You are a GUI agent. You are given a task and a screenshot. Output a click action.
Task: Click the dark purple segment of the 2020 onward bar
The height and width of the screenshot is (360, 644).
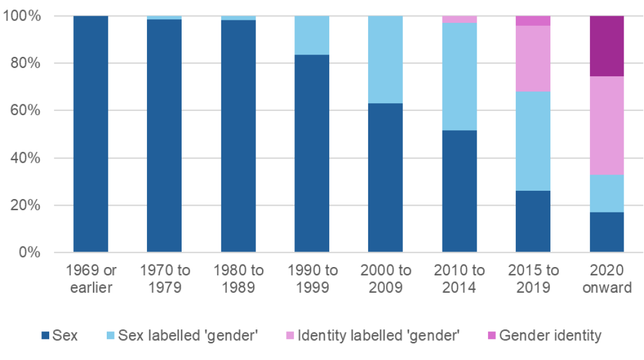coord(607,46)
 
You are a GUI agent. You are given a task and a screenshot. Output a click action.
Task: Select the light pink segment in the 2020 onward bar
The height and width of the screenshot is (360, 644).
coord(607,126)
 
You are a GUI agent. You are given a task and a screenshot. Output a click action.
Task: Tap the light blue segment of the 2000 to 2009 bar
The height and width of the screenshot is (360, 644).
coord(385,60)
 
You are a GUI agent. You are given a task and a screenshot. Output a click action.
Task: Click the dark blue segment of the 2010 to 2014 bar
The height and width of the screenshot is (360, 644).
coord(459,191)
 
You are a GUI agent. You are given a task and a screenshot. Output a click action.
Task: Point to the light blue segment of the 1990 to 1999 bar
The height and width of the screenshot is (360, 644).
coord(311,35)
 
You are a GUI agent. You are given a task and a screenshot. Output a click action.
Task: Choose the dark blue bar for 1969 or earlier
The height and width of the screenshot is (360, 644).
coord(91,134)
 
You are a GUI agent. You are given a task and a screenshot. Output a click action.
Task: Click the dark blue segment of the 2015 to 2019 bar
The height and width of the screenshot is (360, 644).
coord(533,221)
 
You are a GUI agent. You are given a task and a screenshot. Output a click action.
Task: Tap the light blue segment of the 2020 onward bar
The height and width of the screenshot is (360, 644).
coord(607,194)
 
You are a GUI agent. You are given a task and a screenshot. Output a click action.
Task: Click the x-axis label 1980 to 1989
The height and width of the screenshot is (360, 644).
coord(238,279)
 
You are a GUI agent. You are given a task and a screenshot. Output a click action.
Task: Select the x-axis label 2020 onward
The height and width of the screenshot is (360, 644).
coord(607,279)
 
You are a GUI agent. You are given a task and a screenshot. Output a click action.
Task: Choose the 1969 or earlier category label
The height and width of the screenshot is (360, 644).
coord(91,279)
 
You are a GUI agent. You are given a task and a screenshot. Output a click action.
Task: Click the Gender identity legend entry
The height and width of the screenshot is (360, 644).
coord(550,335)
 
